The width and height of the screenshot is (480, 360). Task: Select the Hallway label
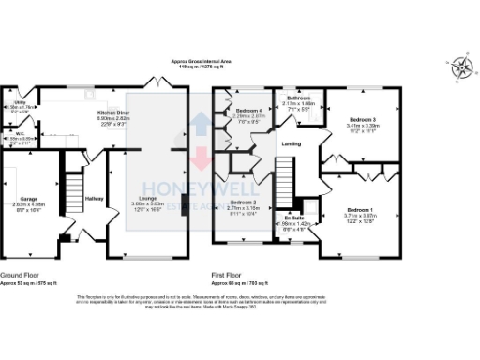[95, 199]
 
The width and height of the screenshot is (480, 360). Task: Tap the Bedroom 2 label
[243, 202]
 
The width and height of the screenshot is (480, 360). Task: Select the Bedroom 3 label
[362, 120]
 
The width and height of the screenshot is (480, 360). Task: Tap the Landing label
[292, 142]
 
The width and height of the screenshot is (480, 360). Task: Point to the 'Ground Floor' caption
[19, 275]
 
